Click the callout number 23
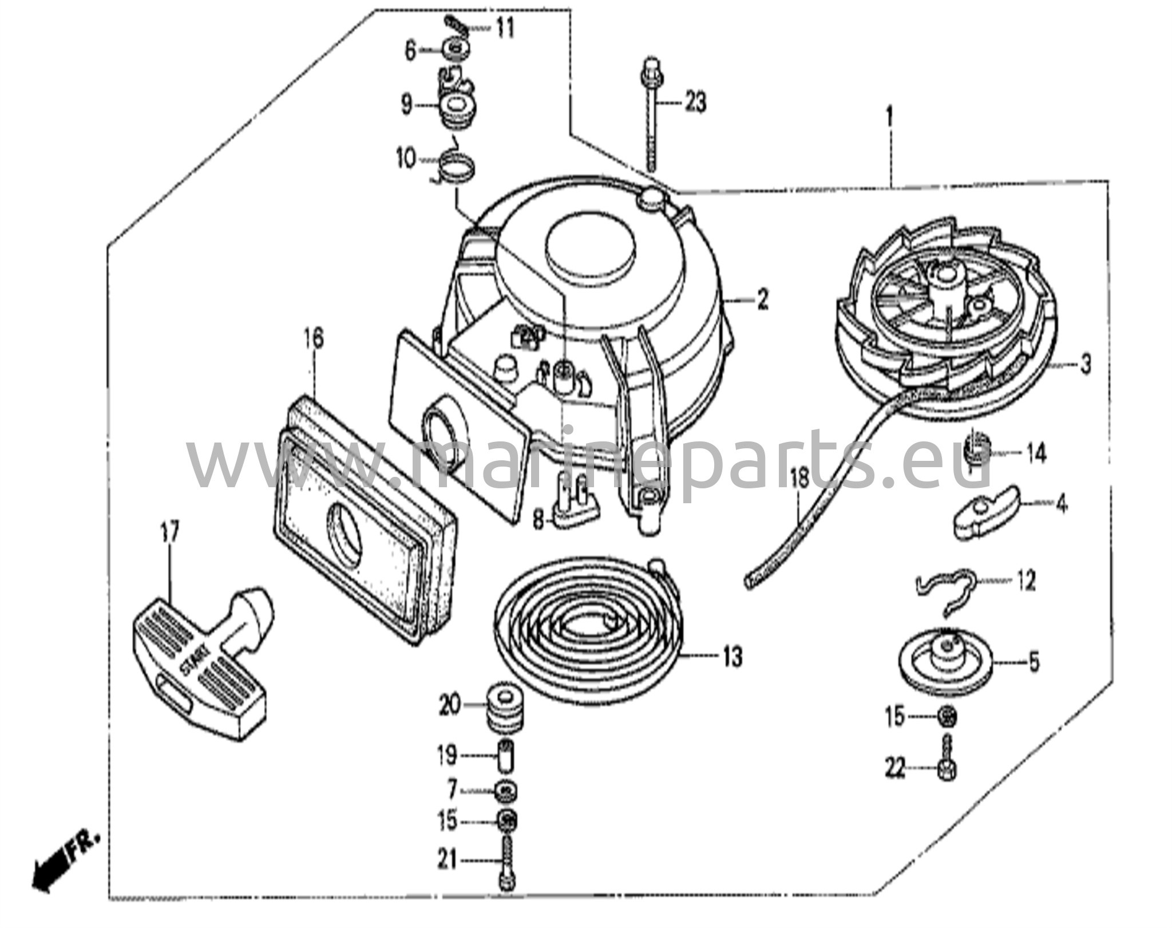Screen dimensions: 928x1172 click(695, 103)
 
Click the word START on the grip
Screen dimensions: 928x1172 click(195, 664)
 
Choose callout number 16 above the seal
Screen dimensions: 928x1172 click(314, 338)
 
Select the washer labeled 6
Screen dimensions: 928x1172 click(456, 49)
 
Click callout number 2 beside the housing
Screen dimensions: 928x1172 click(762, 299)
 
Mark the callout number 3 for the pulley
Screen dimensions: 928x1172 click(1085, 364)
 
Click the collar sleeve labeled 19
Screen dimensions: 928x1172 click(506, 757)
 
